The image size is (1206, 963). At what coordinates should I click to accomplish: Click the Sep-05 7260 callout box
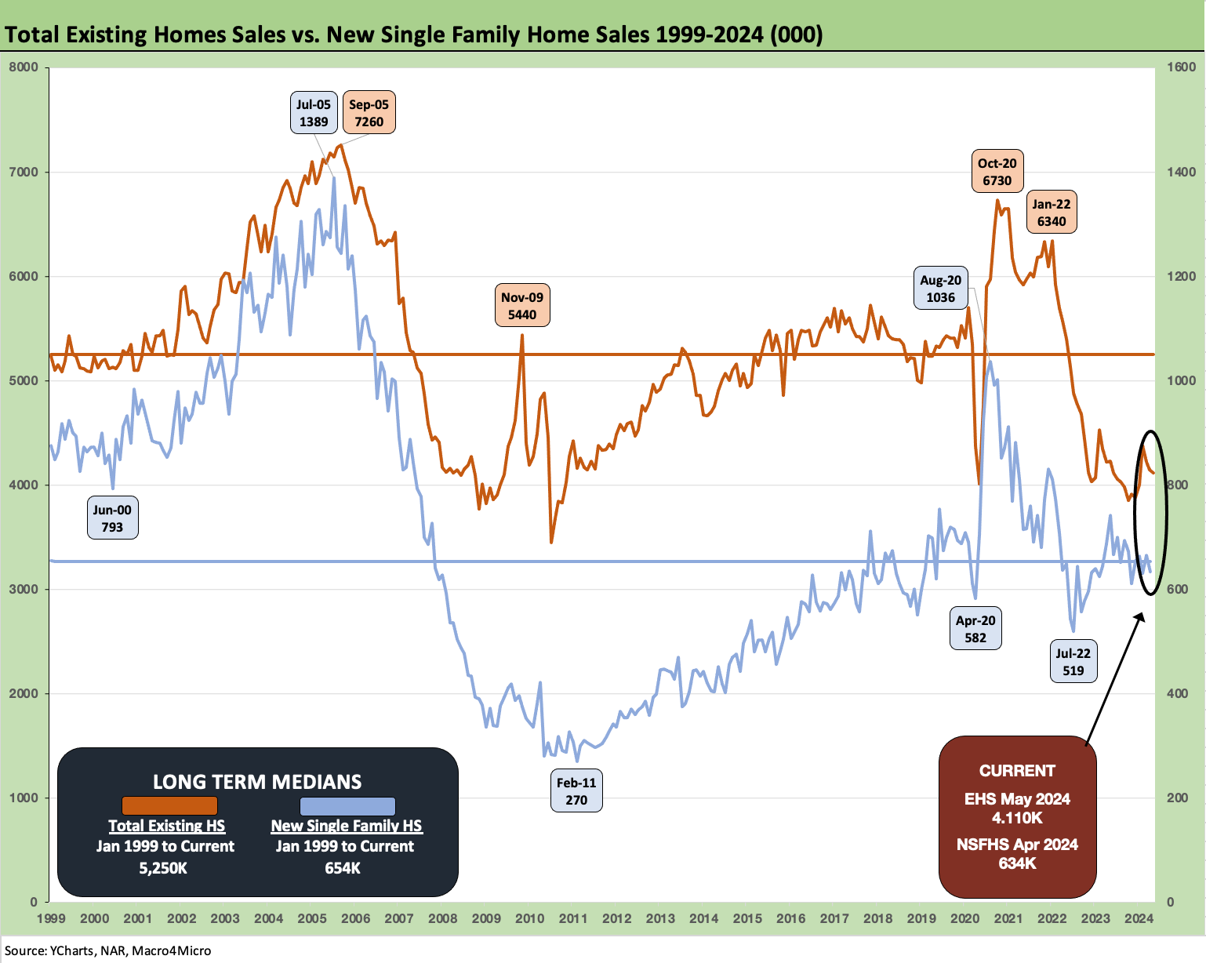[369, 113]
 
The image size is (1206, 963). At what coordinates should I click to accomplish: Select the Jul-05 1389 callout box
[314, 113]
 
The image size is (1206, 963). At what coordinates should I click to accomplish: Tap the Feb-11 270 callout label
[576, 791]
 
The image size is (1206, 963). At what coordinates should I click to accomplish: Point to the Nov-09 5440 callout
[522, 306]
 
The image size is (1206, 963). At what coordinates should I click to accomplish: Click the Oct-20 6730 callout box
[997, 172]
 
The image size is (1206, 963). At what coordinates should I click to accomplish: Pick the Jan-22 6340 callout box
[1052, 213]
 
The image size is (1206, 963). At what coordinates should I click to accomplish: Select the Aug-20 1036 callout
[940, 289]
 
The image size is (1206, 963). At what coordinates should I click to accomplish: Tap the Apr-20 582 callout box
[975, 629]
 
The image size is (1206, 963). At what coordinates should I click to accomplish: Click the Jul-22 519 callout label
[1073, 662]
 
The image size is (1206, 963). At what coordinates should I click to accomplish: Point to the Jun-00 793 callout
[112, 518]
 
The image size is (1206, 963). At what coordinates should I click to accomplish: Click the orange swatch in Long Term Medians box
[169, 805]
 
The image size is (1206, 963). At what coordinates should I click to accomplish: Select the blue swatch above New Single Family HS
[347, 805]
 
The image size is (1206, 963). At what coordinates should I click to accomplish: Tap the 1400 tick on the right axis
[1180, 172]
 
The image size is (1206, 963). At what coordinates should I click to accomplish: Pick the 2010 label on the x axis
[529, 918]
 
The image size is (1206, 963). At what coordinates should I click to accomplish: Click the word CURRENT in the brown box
[1017, 770]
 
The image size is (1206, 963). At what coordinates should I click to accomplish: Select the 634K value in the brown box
[1017, 863]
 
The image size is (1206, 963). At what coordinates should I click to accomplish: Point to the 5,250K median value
[165, 868]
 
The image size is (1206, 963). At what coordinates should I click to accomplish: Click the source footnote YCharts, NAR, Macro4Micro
[108, 950]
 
